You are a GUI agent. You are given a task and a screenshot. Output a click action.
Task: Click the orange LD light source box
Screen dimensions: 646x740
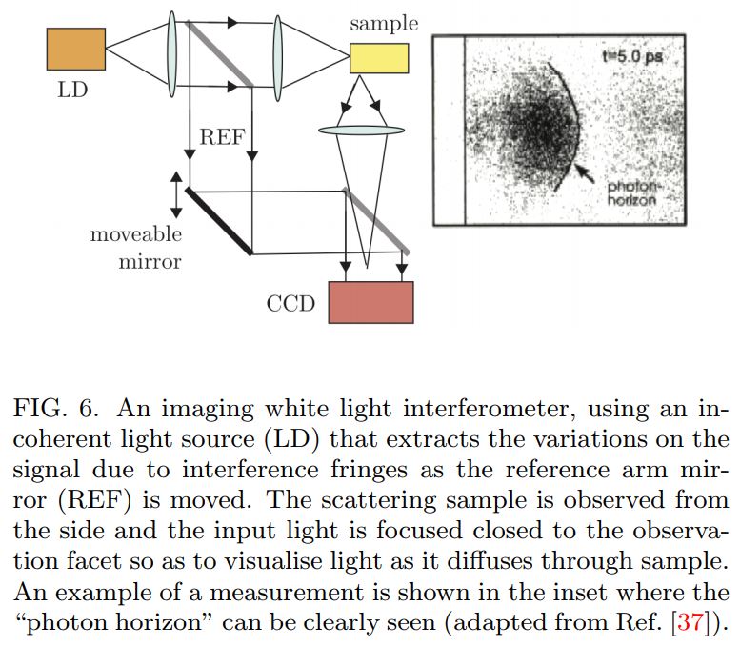[x=76, y=49]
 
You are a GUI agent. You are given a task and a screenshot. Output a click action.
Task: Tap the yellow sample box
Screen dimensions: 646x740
[x=379, y=58]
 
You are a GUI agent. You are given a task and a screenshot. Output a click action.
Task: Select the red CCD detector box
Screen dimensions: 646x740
[x=370, y=302]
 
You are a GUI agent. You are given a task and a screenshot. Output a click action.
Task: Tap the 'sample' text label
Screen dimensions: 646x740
[x=384, y=24]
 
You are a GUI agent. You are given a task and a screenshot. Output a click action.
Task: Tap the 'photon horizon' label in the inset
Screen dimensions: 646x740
[x=632, y=193]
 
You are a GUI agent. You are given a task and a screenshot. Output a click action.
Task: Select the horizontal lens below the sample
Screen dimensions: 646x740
[x=364, y=130]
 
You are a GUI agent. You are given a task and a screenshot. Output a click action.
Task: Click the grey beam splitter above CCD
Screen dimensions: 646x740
[x=377, y=220]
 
